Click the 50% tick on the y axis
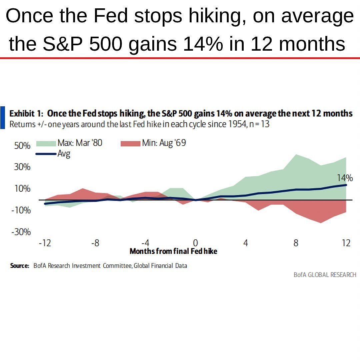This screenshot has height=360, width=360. (22, 146)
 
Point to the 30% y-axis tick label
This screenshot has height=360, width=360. (22, 167)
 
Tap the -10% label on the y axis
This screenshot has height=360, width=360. (21, 211)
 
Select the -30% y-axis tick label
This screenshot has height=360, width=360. (21, 232)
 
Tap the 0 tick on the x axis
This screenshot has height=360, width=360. (196, 243)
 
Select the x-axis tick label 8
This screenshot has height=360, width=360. (296, 243)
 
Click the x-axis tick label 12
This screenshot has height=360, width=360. (346, 243)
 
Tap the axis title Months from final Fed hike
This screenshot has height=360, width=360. (173, 251)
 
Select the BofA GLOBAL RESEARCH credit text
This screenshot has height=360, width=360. (325, 275)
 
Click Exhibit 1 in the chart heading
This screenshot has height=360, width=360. (26, 113)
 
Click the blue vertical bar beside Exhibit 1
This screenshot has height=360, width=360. (2, 118)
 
